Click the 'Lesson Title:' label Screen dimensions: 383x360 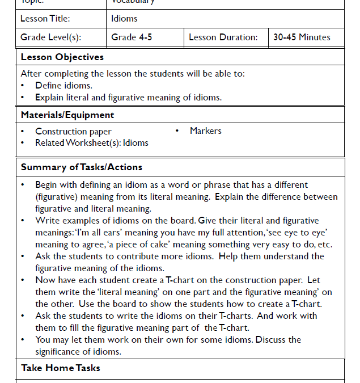pyautogui.click(x=45, y=19)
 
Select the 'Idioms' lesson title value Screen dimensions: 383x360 pyautogui.click(x=124, y=19)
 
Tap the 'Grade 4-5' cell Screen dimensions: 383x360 pyautogui.click(x=132, y=37)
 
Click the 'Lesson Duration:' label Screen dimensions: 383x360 pyautogui.click(x=223, y=37)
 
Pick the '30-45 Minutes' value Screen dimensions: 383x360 pyautogui.click(x=302, y=37)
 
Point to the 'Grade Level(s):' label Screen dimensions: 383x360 pyautogui.click(x=50, y=37)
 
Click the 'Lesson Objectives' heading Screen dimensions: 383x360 pyautogui.click(x=62, y=57)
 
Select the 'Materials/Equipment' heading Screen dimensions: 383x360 pyautogui.click(x=67, y=115)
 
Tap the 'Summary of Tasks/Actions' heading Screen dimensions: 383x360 pyautogui.click(x=81, y=167)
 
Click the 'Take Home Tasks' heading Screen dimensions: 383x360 pyautogui.click(x=61, y=368)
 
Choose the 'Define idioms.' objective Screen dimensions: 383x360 pyautogui.click(x=63, y=86)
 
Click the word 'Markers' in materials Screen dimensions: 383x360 pyautogui.click(x=206, y=131)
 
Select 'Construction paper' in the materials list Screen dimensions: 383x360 pyautogui.click(x=73, y=132)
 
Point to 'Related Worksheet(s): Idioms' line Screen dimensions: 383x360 pyautogui.click(x=92, y=143)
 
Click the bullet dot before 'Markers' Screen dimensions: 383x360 pyautogui.click(x=177, y=131)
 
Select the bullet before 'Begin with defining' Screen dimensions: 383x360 pyautogui.click(x=23, y=185)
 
